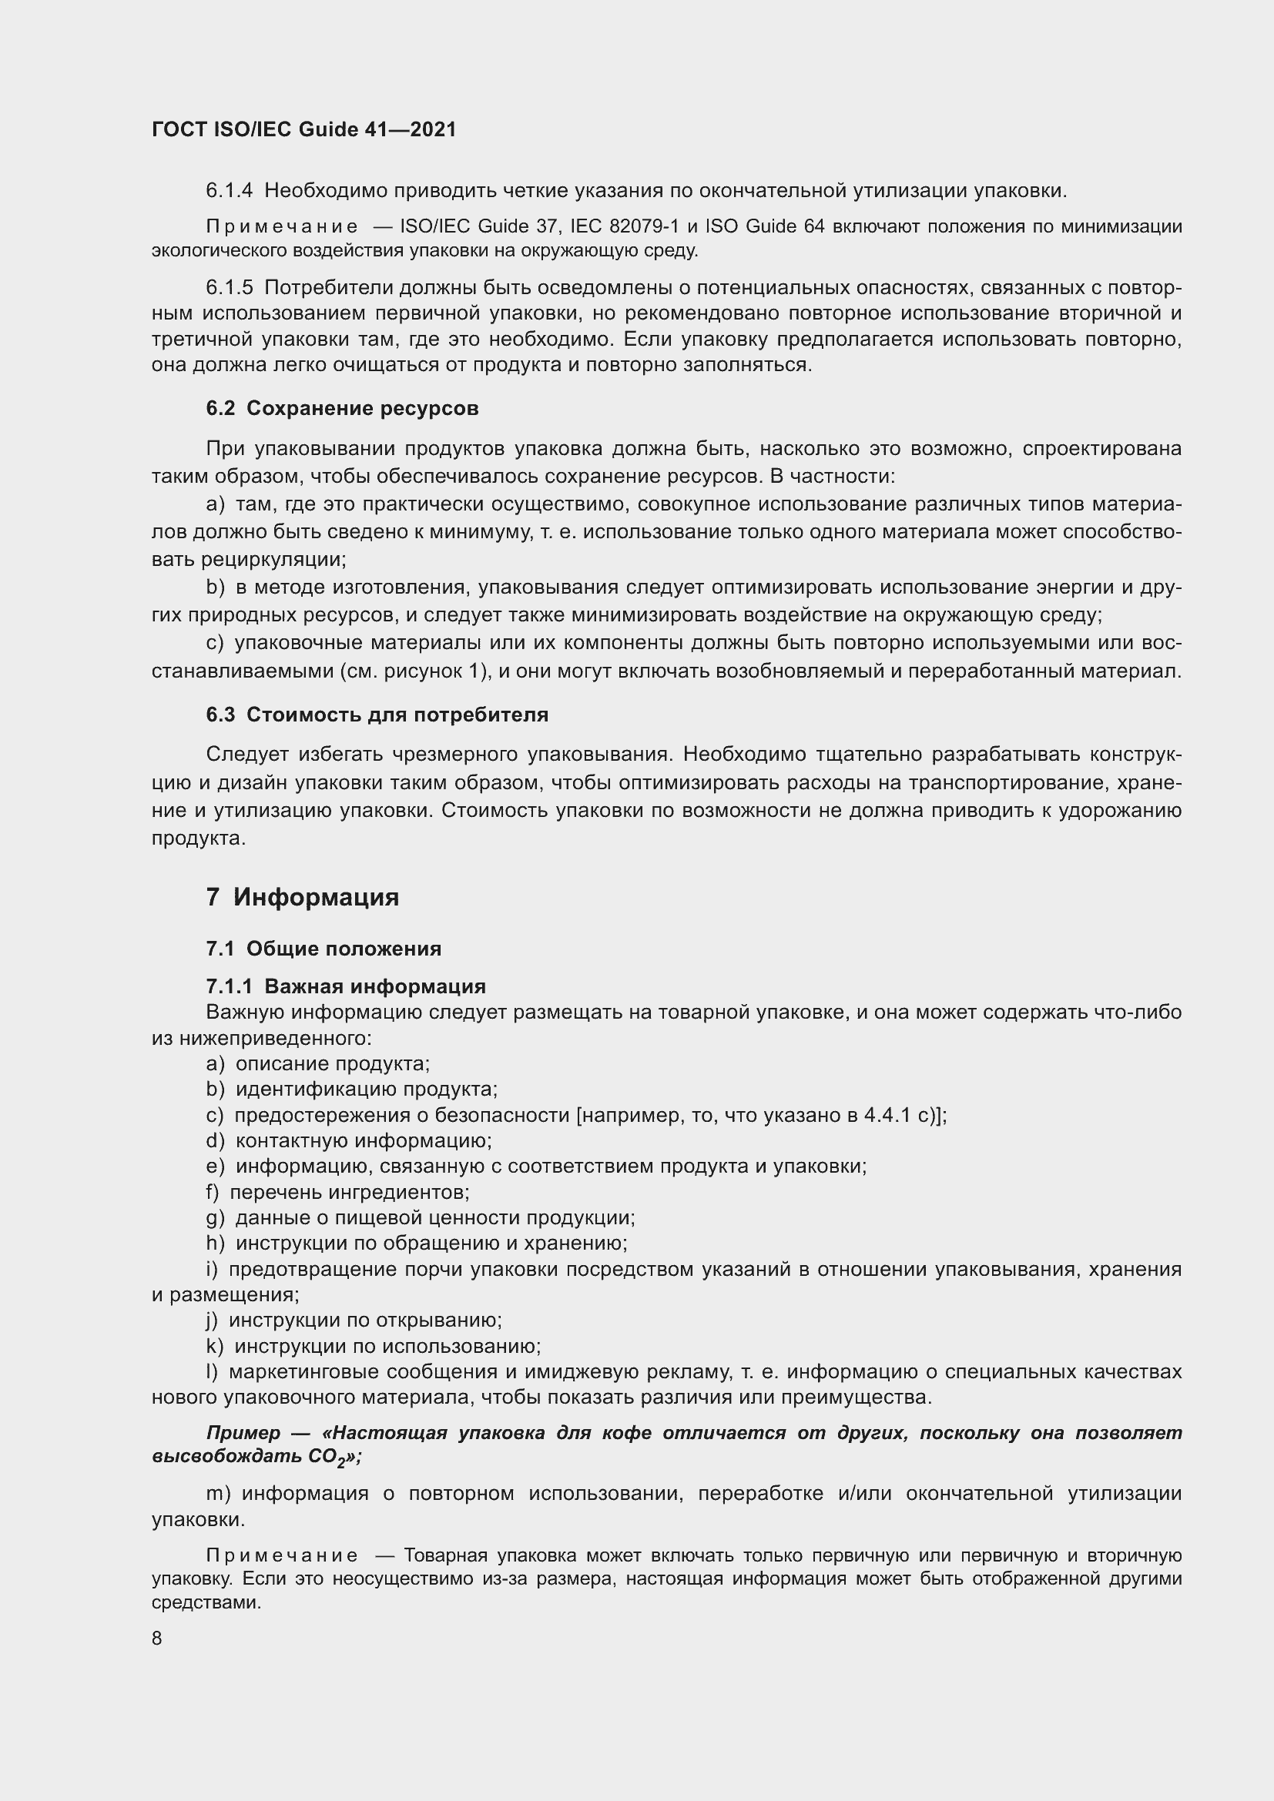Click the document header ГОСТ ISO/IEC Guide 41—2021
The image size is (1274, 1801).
click(303, 130)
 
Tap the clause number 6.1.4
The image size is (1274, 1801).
click(229, 191)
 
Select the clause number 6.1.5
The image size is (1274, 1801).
click(229, 288)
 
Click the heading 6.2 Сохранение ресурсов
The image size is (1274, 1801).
click(342, 408)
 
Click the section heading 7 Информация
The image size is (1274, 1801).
click(303, 896)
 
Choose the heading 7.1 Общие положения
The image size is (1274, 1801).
click(324, 949)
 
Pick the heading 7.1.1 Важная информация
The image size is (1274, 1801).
click(345, 986)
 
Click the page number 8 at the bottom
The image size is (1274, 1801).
click(157, 1639)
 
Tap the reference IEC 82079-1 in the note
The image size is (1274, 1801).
click(624, 226)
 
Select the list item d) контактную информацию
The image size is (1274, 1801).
click(349, 1140)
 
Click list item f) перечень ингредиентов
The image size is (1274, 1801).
click(337, 1192)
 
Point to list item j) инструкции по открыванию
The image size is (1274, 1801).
click(354, 1321)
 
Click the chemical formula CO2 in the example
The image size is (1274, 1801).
click(328, 1458)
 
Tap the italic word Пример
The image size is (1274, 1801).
click(243, 1432)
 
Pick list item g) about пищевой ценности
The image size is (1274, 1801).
click(420, 1217)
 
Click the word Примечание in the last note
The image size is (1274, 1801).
click(282, 1555)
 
